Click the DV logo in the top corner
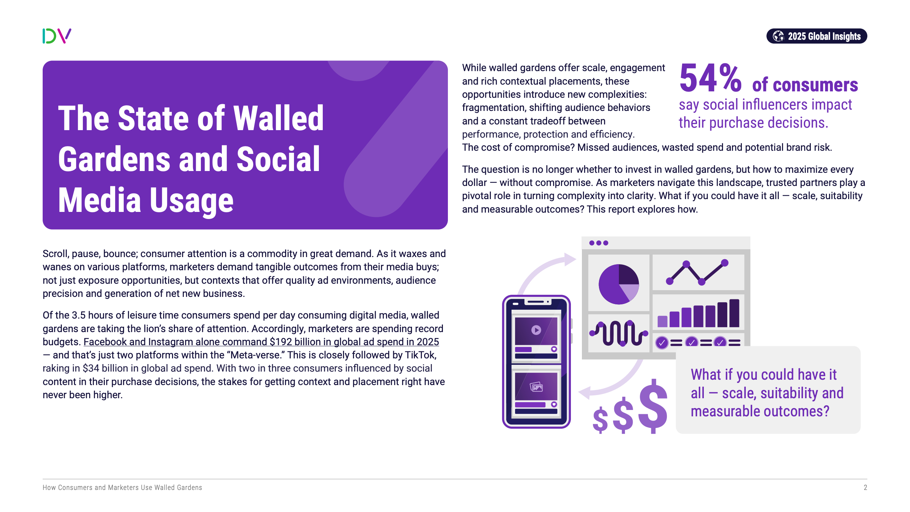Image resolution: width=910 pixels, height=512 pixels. click(57, 36)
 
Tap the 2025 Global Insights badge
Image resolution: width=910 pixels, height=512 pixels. click(817, 36)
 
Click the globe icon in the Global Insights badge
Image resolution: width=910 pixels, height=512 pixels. click(778, 36)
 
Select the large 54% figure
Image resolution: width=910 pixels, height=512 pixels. click(710, 78)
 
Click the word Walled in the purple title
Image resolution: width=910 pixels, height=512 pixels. click(278, 118)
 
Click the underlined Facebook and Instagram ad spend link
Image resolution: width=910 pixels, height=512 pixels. click(261, 342)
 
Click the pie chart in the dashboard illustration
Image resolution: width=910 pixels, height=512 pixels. click(619, 284)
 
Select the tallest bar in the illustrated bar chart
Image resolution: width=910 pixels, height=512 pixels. click(734, 313)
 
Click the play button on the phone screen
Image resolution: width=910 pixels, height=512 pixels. click(536, 330)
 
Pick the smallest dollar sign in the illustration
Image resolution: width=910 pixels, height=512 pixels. click(600, 420)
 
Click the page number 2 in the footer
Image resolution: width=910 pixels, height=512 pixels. click(865, 487)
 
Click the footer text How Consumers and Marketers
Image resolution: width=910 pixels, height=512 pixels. click(91, 487)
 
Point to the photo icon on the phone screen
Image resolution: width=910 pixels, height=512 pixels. click(536, 386)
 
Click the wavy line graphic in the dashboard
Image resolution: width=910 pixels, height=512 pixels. click(619, 333)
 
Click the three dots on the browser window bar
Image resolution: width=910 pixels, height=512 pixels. click(599, 243)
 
